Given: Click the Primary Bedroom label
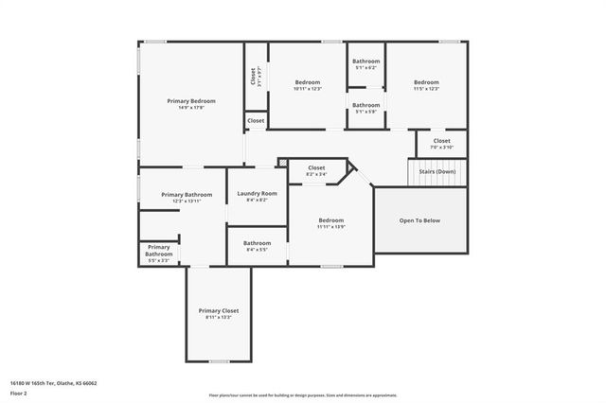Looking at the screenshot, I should (191, 100).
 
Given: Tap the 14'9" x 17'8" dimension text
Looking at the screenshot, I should (191, 107).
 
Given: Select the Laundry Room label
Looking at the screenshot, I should (257, 193).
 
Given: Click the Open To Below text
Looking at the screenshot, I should (419, 220).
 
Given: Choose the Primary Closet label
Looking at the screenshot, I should (218, 310).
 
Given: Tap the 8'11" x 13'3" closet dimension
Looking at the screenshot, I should (218, 317).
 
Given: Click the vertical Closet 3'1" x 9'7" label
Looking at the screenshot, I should (253, 77).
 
